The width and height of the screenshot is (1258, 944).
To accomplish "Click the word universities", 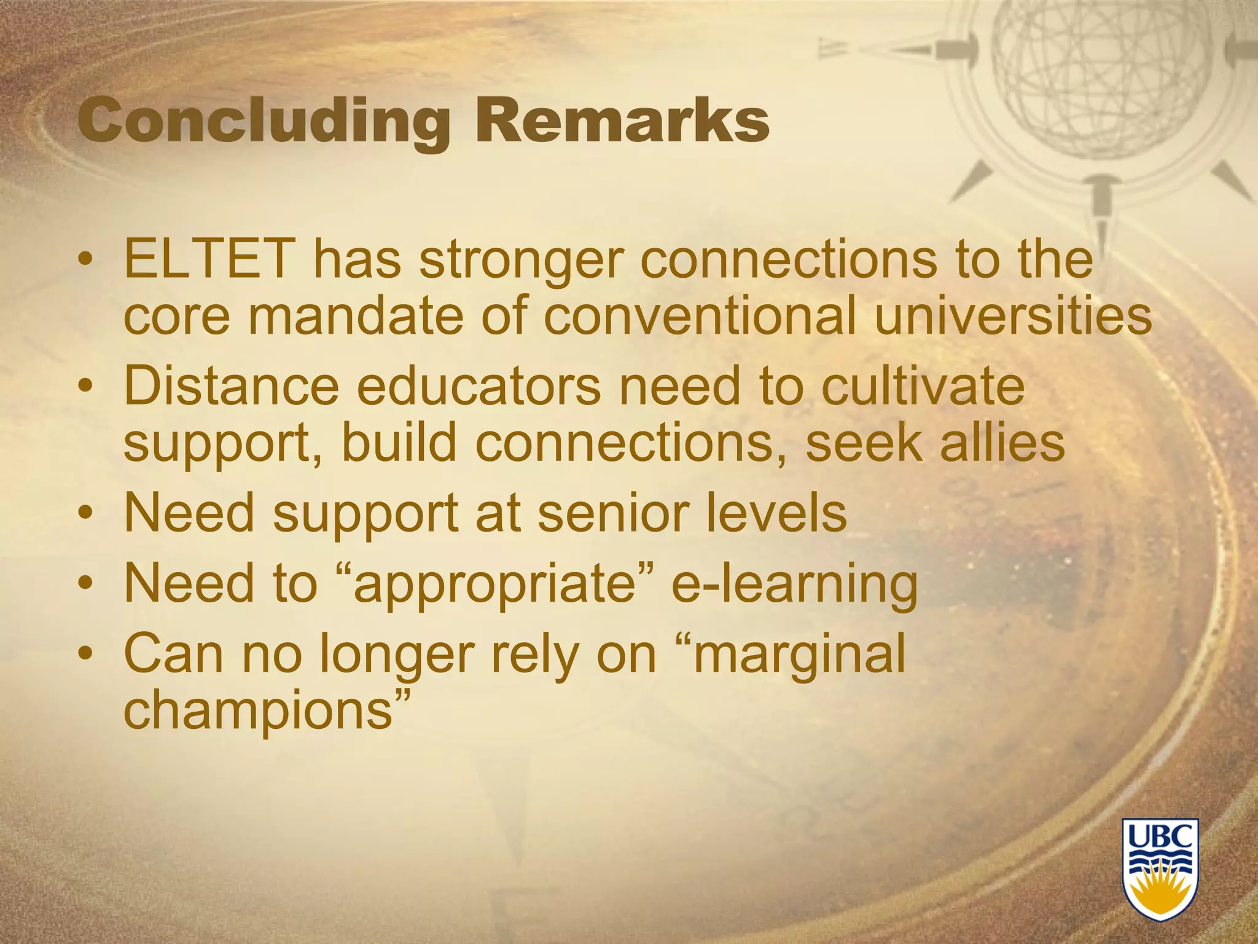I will (1013, 317).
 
